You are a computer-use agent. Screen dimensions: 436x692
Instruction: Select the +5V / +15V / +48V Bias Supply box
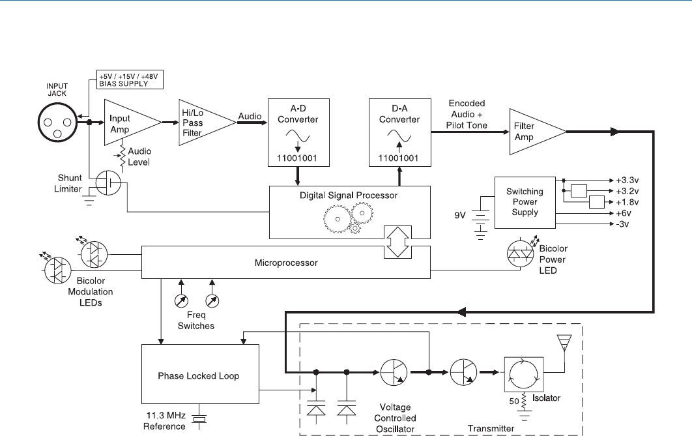130,80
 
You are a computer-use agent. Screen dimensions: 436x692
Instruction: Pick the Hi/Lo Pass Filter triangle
202,123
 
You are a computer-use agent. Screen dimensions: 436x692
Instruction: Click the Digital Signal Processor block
351,212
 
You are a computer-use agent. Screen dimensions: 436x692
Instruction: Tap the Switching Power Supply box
525,202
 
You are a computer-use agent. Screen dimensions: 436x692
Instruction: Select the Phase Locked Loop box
200,375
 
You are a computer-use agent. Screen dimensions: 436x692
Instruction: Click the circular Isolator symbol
523,373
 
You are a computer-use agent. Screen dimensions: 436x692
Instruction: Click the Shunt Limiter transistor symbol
107,183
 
